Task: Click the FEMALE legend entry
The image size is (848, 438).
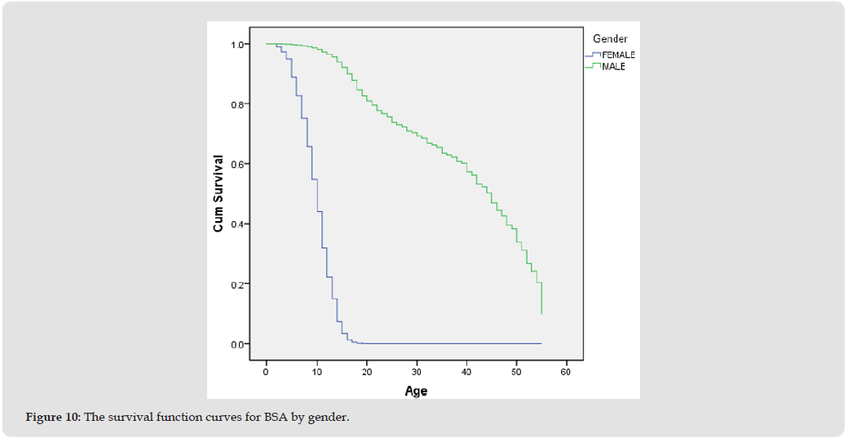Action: [617, 55]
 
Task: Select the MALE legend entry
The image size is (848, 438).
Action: [613, 67]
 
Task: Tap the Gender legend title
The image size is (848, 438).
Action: [610, 39]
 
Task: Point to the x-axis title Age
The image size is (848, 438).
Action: [416, 392]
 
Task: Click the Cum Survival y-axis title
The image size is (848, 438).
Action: [219, 194]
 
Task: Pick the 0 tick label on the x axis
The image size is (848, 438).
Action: [266, 372]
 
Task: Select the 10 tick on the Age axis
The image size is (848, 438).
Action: [316, 372]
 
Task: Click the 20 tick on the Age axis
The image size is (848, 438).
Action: [366, 372]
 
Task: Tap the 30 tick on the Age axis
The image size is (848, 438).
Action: [416, 372]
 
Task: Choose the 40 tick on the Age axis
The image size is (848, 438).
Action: [466, 372]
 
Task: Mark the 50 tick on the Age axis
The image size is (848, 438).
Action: [516, 372]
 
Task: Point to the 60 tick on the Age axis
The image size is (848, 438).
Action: [566, 372]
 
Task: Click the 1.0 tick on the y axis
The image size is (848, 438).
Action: [238, 44]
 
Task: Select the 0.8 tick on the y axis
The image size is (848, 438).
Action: [238, 104]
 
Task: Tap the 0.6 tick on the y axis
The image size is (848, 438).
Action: [238, 164]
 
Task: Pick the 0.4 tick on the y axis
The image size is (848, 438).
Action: [238, 224]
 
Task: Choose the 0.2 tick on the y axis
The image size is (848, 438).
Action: [238, 284]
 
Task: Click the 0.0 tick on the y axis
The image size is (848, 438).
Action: [238, 344]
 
